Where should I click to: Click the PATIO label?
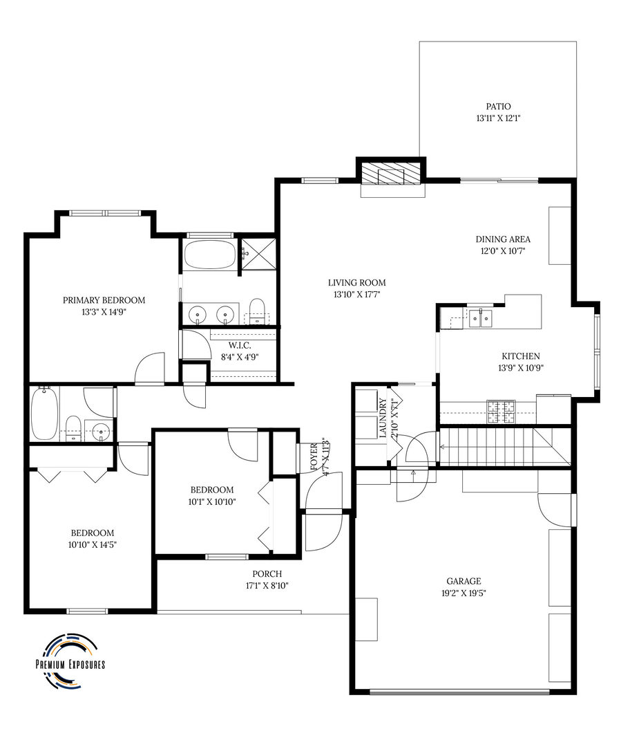[497, 107]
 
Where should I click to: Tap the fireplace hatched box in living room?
[392, 174]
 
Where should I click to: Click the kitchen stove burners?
[502, 412]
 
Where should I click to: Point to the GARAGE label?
[464, 582]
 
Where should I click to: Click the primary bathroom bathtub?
[210, 254]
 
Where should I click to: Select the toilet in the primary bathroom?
[257, 311]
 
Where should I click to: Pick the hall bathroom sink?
[101, 432]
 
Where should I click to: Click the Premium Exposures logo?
[70, 661]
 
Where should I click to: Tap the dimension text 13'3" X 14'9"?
[104, 312]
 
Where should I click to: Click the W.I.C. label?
[239, 345]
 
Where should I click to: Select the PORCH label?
[267, 574]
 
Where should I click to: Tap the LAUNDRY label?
[382, 418]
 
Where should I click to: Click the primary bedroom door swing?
[150, 368]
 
